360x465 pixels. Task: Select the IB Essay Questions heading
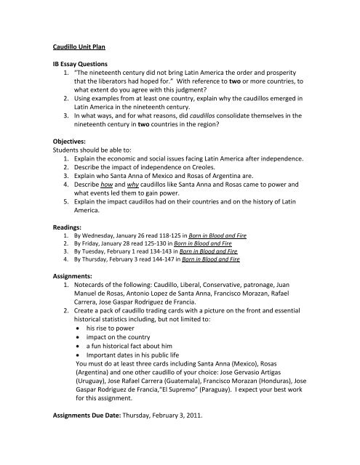(90, 64)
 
